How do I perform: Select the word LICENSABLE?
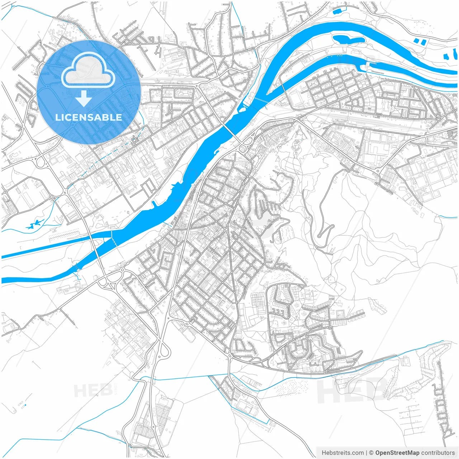click(x=89, y=117)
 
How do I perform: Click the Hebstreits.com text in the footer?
click(x=342, y=453)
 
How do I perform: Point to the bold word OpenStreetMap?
click(x=397, y=453)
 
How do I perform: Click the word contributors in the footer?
click(x=438, y=453)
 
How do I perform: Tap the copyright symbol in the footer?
click(x=372, y=453)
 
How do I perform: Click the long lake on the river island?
click(x=348, y=39)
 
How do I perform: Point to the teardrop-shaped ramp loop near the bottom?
click(x=165, y=350)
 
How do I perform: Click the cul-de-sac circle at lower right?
click(x=439, y=363)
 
